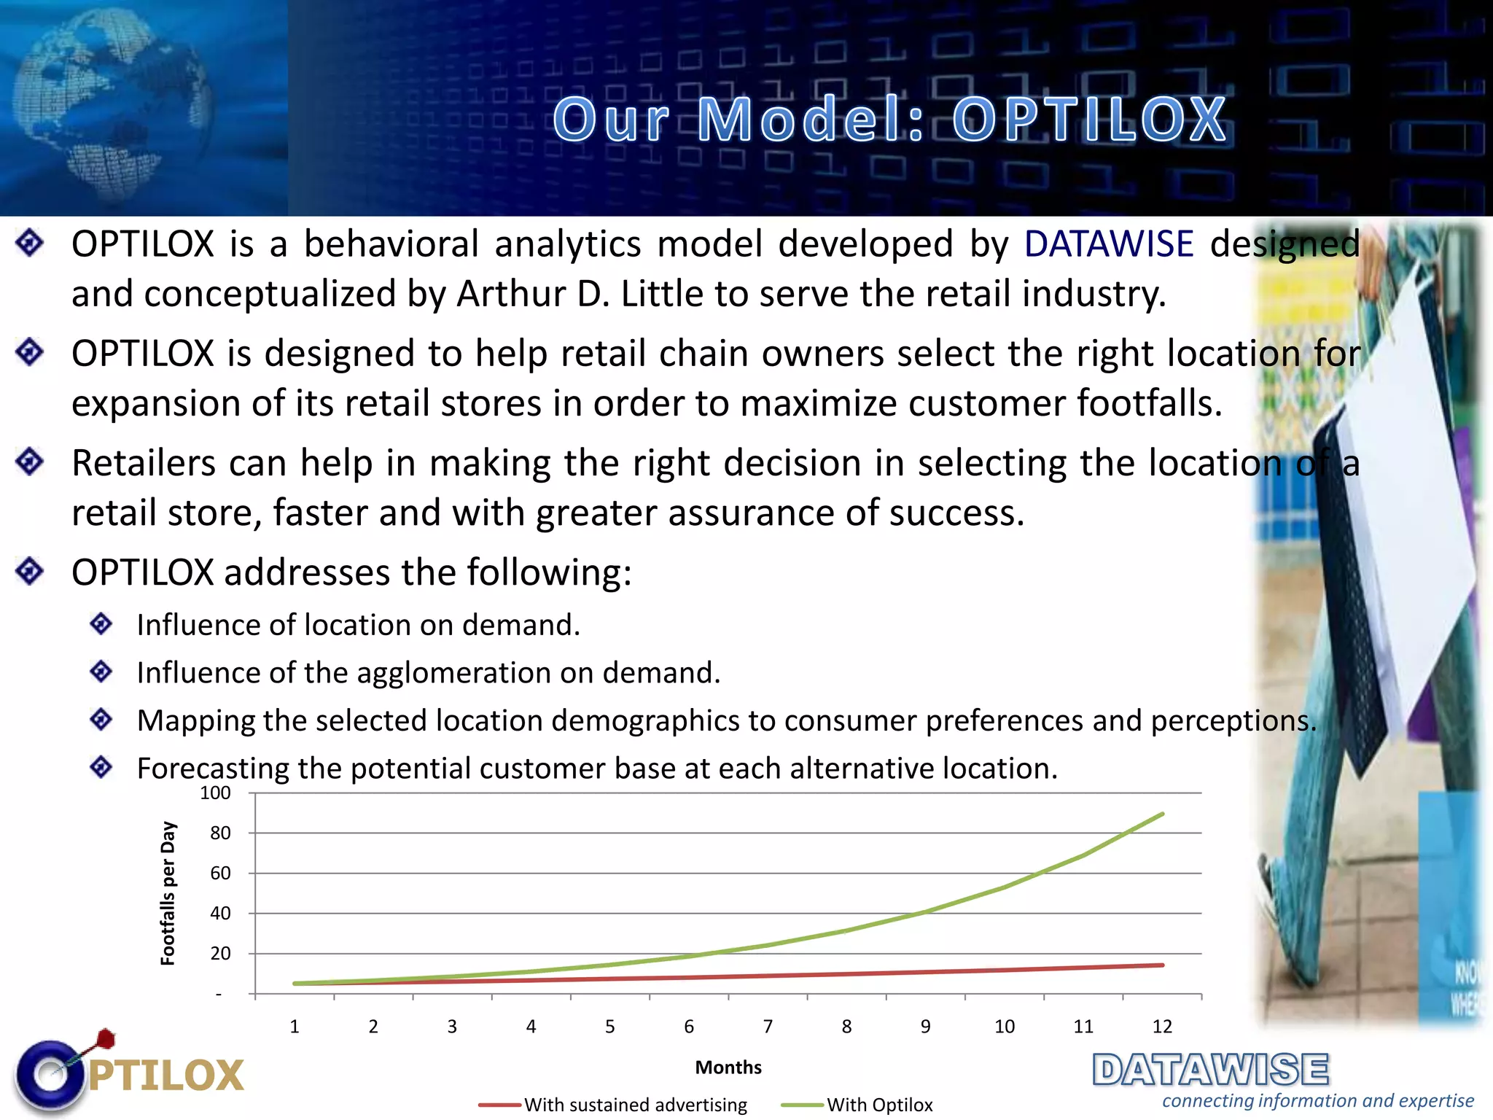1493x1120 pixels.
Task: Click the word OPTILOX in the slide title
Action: pos(1090,120)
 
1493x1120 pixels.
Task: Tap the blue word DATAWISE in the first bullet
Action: pos(1108,244)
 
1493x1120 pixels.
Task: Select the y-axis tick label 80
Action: pos(220,833)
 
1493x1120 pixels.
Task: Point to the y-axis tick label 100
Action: pos(216,793)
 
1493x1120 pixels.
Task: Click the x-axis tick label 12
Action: pos(1162,1027)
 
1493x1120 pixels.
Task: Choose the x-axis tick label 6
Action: pos(689,1027)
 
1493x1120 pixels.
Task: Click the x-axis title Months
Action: pos(728,1067)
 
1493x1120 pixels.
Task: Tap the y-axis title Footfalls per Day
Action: pos(168,893)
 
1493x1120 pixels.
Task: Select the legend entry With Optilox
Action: pos(879,1105)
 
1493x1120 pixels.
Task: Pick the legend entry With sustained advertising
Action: pos(635,1105)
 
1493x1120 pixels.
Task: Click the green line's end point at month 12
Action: pos(1162,814)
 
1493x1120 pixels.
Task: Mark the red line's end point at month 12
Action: pos(1162,965)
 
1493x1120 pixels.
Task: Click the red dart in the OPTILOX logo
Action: pos(106,1038)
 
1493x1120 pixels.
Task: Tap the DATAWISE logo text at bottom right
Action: pos(1210,1070)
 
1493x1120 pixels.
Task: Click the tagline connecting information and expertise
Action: pos(1317,1101)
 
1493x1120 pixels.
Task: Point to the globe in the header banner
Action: pos(109,102)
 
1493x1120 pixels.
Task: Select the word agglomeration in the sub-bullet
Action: pos(454,673)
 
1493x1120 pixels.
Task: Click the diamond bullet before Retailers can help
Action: pos(30,462)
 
